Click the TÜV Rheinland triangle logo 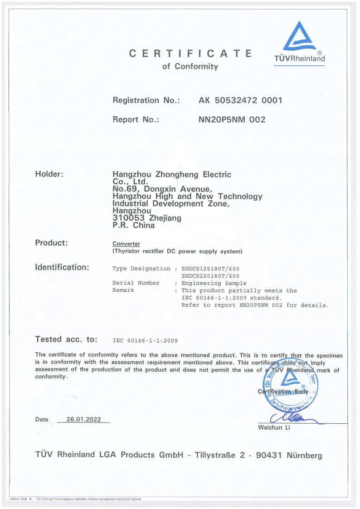tap(299, 37)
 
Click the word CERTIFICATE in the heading tap(190, 54)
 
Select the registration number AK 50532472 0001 tap(240, 100)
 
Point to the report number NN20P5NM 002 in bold tap(232, 120)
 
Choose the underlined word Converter tap(126, 244)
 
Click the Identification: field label tap(62, 267)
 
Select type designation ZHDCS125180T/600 tap(210, 269)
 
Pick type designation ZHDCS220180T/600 tap(210, 276)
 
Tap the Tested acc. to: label tap(66, 339)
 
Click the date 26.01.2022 tap(83, 420)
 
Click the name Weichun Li tap(274, 428)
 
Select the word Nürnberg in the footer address tap(304, 455)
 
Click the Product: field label tap(51, 243)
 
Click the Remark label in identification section tap(123, 290)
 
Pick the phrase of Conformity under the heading tap(190, 67)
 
